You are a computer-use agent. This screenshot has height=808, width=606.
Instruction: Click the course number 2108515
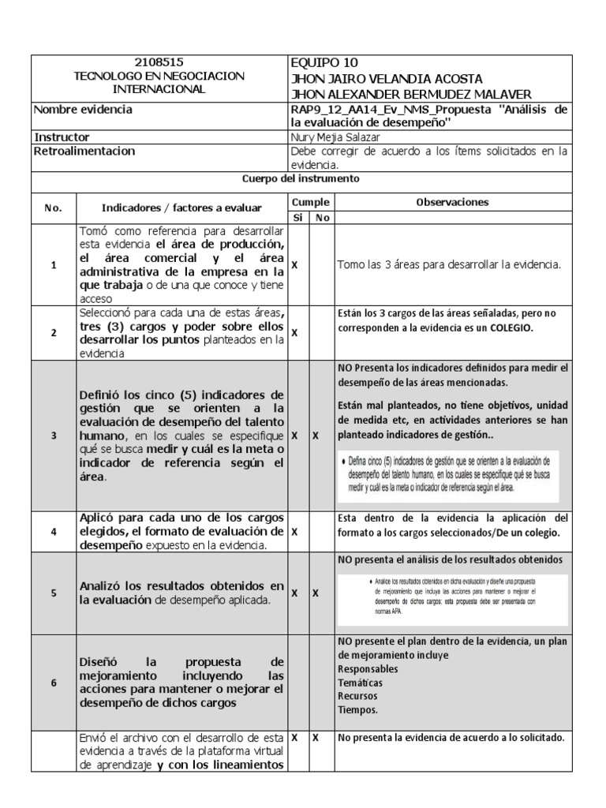coord(159,63)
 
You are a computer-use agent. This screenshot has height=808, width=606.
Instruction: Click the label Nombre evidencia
coord(83,110)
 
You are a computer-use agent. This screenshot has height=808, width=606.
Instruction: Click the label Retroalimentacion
coord(84,151)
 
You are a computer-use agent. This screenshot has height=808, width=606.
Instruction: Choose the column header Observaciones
coord(451,202)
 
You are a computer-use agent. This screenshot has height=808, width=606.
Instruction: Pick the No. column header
coord(53,208)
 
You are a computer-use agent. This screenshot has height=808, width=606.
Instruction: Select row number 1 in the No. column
coord(53,266)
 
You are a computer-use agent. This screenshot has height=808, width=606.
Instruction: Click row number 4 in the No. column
coord(53,532)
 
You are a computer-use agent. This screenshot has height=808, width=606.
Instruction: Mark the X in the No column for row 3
coord(315,435)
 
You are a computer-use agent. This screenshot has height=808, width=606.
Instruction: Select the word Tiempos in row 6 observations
coord(358,709)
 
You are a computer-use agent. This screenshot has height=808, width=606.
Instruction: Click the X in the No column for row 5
coord(315,593)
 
